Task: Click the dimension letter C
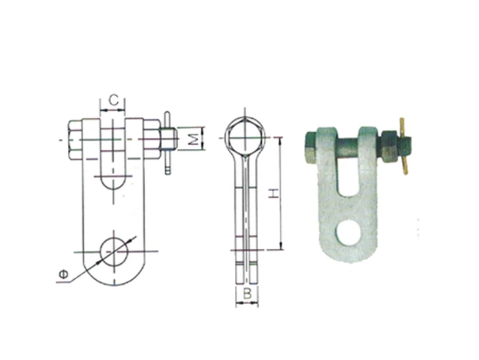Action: [x=113, y=99]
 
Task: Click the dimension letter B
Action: [x=247, y=293]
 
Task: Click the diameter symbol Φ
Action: [x=63, y=276]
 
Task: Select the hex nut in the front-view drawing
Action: [x=152, y=140]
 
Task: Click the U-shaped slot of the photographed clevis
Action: [x=348, y=178]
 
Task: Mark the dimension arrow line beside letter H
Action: [x=281, y=193]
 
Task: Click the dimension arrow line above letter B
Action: [x=247, y=303]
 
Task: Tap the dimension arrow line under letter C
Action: [x=113, y=110]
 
